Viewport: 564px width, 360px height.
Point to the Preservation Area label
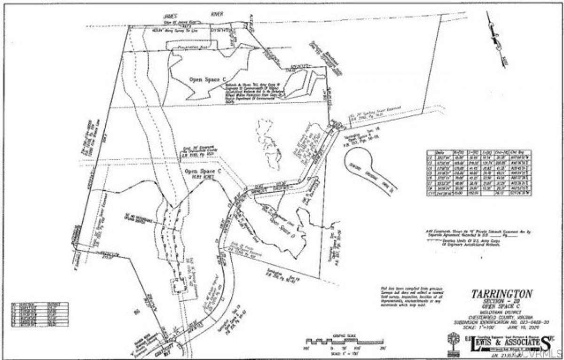click(x=192, y=48)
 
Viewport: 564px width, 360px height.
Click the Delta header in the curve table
click(x=441, y=152)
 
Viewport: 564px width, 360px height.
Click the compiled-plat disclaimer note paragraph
click(x=411, y=295)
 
